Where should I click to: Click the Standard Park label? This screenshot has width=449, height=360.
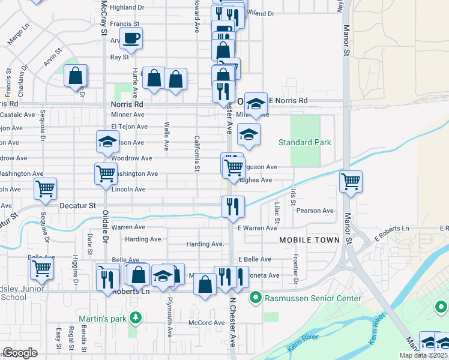click(304, 142)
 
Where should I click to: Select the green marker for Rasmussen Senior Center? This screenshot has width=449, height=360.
click(255, 298)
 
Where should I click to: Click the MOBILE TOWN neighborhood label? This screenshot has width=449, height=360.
click(309, 240)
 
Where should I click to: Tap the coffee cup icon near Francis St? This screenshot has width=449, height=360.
click(131, 38)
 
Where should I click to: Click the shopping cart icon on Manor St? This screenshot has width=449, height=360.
click(351, 180)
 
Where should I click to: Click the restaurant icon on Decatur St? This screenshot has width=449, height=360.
click(232, 206)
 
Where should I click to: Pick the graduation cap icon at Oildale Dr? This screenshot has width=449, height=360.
click(108, 142)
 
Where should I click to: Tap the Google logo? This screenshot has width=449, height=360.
click(20, 353)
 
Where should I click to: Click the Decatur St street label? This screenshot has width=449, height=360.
click(78, 205)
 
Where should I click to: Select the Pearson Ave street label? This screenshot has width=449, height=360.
click(315, 211)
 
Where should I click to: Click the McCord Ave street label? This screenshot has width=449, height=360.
click(206, 323)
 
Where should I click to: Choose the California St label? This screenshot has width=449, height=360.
click(196, 153)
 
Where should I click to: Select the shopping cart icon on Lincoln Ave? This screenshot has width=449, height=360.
click(45, 188)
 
